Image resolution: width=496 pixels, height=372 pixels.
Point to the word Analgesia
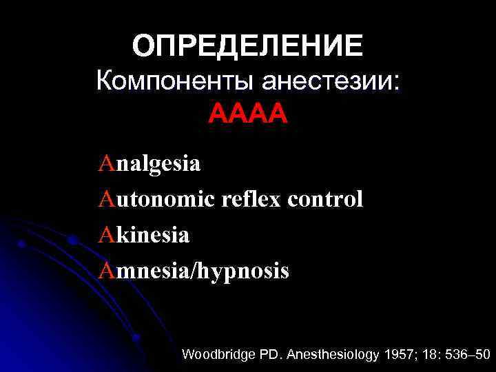click(x=149, y=164)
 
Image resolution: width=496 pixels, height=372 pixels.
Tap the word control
click(x=325, y=200)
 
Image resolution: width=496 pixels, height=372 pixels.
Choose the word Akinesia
click(x=143, y=235)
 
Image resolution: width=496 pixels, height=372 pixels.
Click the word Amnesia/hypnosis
click(x=194, y=271)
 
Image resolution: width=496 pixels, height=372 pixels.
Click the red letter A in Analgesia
click(x=105, y=164)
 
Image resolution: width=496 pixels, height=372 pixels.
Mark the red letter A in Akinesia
click(x=105, y=235)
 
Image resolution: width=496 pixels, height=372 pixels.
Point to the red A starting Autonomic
click(x=105, y=200)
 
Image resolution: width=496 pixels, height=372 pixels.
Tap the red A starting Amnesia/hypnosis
click(x=105, y=271)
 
